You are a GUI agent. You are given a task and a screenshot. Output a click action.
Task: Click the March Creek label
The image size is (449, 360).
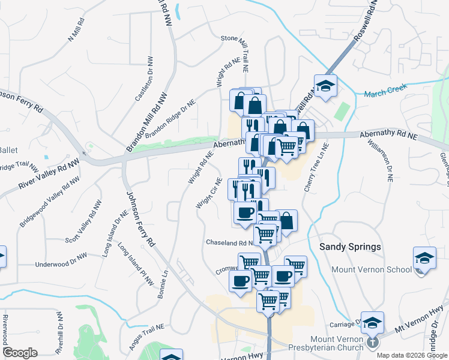pos(385,90)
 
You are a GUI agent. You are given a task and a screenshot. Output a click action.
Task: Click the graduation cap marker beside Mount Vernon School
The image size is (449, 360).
pos(424,259)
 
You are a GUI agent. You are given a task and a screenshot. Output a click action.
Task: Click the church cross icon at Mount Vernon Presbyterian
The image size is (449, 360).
pos(373,343)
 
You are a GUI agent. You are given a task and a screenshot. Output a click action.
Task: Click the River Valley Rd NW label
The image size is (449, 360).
pos(49,175)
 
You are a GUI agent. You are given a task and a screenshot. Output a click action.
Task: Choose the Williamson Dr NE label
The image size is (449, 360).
pos(380,161)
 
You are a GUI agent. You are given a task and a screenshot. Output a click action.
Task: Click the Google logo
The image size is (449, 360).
pos(20,353)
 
